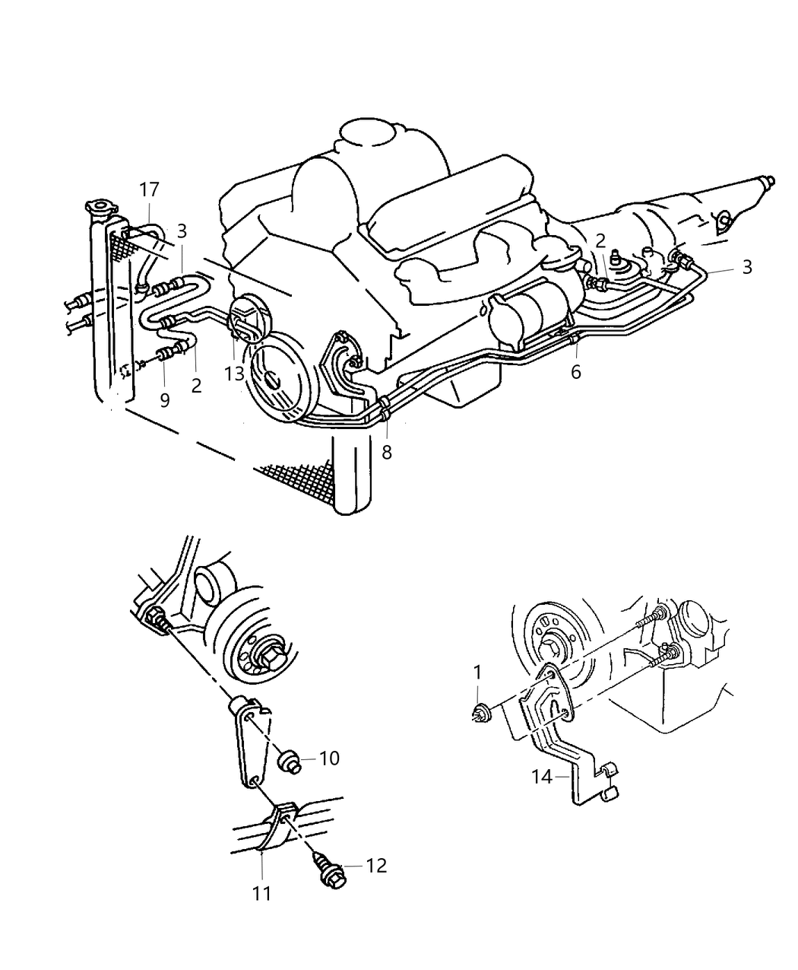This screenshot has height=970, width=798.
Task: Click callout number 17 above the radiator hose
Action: pos(149,190)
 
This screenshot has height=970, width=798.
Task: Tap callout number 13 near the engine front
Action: pos(234,374)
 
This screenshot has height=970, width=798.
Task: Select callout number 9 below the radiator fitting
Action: pos(165,400)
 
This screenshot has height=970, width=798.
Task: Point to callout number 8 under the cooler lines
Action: pos(387,452)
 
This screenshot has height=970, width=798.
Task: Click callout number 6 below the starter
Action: pos(575,371)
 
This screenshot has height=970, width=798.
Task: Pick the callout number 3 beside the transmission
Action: pos(746,267)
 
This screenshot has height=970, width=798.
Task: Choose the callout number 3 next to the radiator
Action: pos(182,231)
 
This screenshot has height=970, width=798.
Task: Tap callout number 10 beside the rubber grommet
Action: pos(329,759)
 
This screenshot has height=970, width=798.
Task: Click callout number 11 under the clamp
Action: pos(261,893)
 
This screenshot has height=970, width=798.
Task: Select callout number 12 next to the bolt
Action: pos(375,866)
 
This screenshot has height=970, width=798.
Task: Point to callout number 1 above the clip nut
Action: pos(477,673)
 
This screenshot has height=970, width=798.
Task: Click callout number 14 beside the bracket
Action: pos(542,777)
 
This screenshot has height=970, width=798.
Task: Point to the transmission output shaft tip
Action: pos(771,182)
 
